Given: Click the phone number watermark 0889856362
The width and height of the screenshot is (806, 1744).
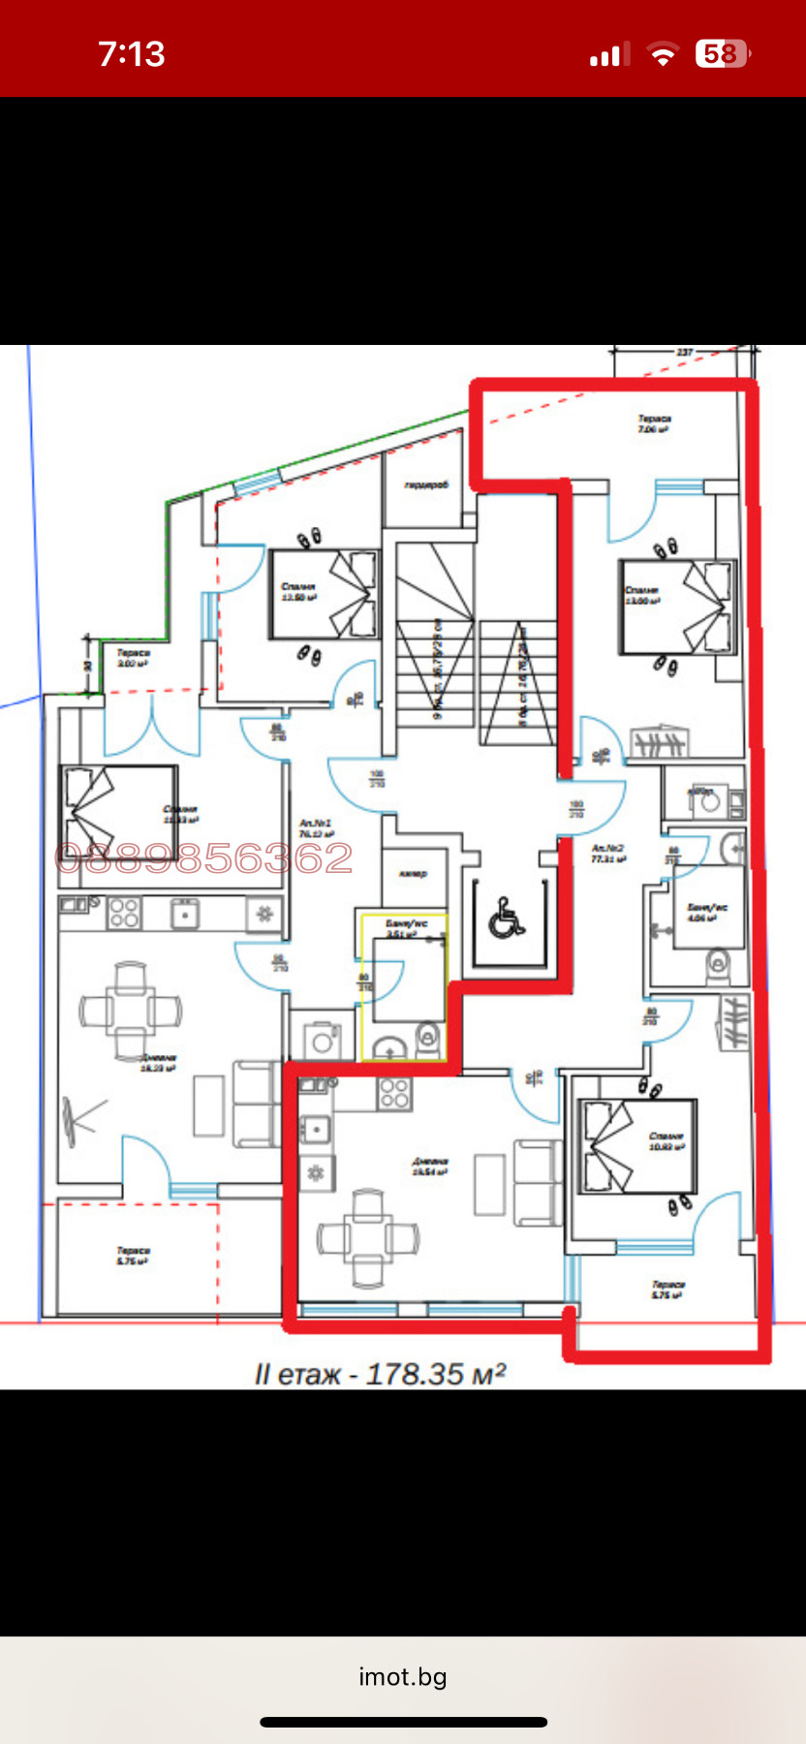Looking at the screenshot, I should pyautogui.click(x=204, y=858).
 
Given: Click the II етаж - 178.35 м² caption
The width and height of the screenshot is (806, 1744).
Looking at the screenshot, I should pyautogui.click(x=380, y=1374).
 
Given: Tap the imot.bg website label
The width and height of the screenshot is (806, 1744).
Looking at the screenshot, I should pyautogui.click(x=403, y=1677).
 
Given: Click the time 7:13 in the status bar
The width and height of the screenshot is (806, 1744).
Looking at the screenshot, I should pyautogui.click(x=132, y=54).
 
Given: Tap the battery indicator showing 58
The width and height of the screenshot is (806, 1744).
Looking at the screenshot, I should pyautogui.click(x=722, y=54).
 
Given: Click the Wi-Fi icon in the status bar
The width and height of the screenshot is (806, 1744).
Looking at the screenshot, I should pyautogui.click(x=663, y=55).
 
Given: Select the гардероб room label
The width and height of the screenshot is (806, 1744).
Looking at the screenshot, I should pyautogui.click(x=426, y=485).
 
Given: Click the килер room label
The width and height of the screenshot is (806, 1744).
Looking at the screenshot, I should pyautogui.click(x=414, y=874).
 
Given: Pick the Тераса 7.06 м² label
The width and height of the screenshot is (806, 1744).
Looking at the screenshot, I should pyautogui.click(x=654, y=423).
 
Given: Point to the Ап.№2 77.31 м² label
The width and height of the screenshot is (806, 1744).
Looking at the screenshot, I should pyautogui.click(x=608, y=853).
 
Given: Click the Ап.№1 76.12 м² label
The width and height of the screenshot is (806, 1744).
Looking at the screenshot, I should pyautogui.click(x=316, y=828).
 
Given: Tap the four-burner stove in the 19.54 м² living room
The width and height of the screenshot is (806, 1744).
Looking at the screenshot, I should pyautogui.click(x=394, y=1093).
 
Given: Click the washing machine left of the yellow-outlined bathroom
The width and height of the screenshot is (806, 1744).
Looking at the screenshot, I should pyautogui.click(x=321, y=1042).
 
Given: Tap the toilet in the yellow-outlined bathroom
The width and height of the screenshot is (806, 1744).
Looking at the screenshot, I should pyautogui.click(x=427, y=1041).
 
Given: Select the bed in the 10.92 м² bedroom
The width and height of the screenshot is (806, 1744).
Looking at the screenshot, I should pyautogui.click(x=636, y=1145).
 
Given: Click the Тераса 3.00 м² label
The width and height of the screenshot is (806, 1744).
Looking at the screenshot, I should pyautogui.click(x=134, y=659).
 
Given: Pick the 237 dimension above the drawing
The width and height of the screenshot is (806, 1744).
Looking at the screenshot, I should pyautogui.click(x=685, y=353).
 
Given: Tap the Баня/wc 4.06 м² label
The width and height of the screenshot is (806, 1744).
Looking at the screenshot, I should pyautogui.click(x=706, y=913).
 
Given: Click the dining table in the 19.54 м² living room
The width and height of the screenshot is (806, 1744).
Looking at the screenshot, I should pyautogui.click(x=368, y=1237).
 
